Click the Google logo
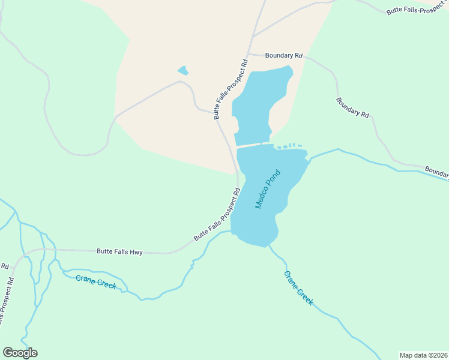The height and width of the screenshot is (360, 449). (20, 353)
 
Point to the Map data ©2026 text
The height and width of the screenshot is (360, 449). (423, 355)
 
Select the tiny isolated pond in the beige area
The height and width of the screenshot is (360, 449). (183, 71)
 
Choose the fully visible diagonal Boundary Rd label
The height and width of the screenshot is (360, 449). (352, 107)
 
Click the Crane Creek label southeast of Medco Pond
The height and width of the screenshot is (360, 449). (298, 288)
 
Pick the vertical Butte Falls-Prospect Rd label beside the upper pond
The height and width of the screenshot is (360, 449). (231, 89)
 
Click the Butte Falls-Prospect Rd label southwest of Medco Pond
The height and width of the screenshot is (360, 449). (217, 215)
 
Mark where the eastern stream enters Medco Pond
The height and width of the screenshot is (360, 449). (310, 158)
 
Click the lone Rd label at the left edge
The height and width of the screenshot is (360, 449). (4, 266)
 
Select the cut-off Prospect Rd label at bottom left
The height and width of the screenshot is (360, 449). (6, 300)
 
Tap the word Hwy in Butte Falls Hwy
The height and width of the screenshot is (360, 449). (135, 253)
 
